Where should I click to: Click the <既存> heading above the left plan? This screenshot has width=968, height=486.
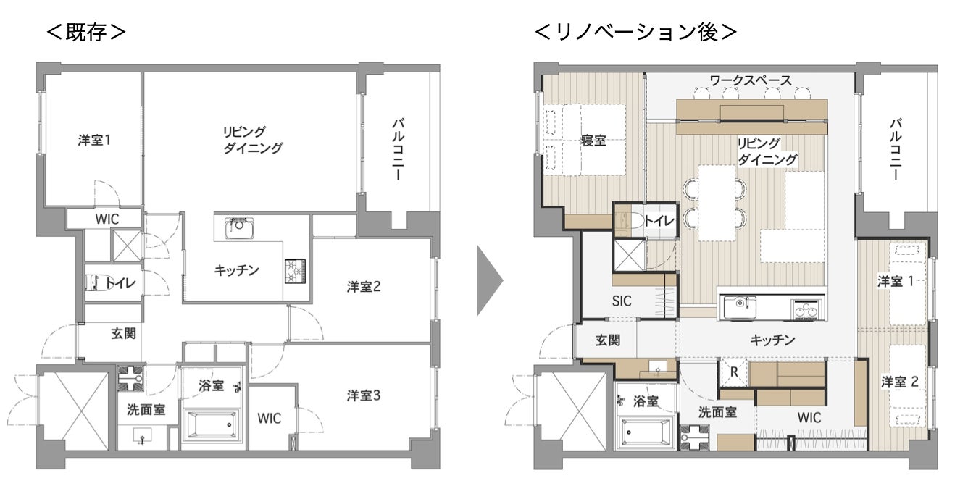point(86,33)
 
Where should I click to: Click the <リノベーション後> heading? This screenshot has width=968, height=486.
point(635,33)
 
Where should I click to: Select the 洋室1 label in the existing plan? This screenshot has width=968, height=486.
point(94,140)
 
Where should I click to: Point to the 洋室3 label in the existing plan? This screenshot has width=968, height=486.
point(364,395)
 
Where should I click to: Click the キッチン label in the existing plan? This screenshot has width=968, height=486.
point(236,270)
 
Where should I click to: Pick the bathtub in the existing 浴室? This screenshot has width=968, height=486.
point(210,424)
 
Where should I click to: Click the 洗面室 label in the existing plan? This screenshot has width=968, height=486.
point(145,409)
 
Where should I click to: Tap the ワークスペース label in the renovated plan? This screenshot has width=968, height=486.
point(750,79)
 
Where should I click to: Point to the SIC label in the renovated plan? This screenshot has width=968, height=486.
point(622,301)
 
